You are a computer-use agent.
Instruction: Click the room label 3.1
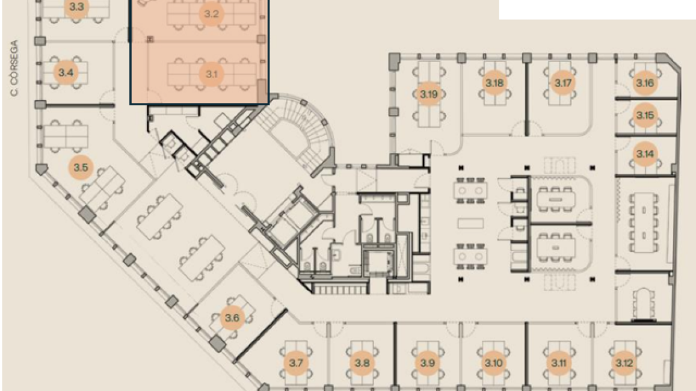click(x=211, y=74)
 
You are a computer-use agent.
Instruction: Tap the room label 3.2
click(x=211, y=14)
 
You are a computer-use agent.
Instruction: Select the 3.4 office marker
click(x=66, y=72)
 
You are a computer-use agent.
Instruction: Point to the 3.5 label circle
click(x=81, y=168)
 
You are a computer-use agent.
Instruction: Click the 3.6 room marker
click(x=232, y=318)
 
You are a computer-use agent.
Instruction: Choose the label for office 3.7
click(x=296, y=363)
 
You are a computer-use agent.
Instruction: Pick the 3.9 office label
click(x=428, y=363)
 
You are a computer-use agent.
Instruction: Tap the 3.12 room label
click(x=624, y=363)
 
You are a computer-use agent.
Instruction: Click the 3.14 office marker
click(x=645, y=154)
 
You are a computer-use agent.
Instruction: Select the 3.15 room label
click(x=645, y=115)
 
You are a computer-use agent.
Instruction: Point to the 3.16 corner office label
click(x=645, y=83)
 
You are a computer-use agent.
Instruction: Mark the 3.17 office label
click(x=563, y=83)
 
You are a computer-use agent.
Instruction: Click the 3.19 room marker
click(x=429, y=94)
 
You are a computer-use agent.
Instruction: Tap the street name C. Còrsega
click(x=14, y=68)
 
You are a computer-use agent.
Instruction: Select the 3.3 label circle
click(x=77, y=8)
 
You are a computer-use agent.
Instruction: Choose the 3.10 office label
click(x=494, y=363)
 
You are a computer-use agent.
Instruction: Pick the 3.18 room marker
click(x=494, y=83)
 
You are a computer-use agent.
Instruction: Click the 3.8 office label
click(x=362, y=363)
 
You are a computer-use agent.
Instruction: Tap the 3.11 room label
click(x=558, y=363)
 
